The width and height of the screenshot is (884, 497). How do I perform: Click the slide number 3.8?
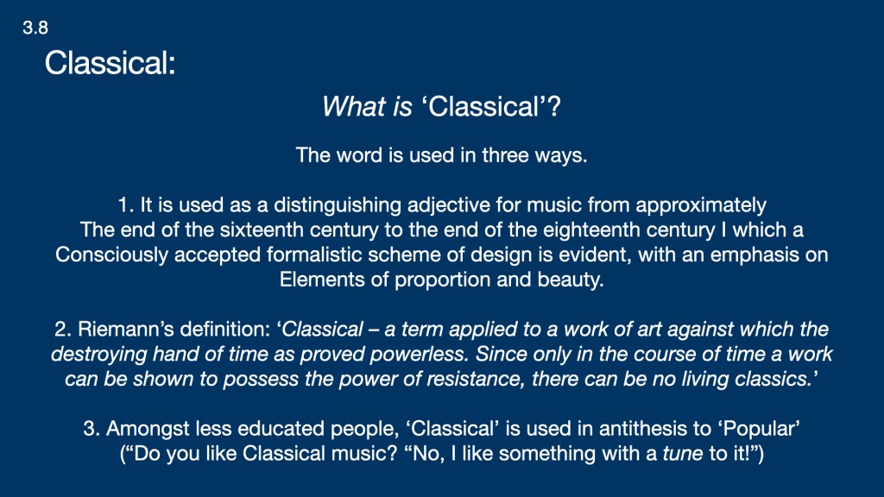(35, 28)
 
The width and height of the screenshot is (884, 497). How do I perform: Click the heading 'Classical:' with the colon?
(110, 62)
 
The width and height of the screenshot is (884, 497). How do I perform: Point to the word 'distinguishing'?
(338, 205)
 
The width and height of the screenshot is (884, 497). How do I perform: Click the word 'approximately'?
(701, 205)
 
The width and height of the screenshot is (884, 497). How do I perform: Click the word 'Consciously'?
(111, 255)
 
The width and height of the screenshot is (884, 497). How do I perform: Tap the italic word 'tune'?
(682, 453)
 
